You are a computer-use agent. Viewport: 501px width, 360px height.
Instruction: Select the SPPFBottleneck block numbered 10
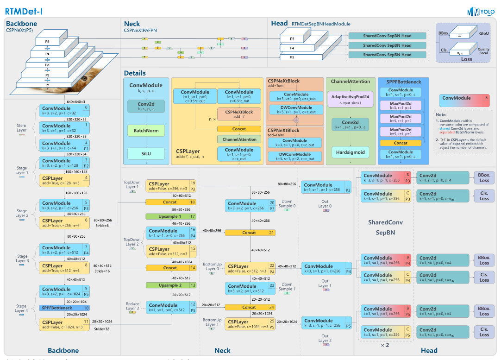[x=64, y=308]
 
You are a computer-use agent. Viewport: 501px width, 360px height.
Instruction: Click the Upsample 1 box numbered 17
[x=170, y=216]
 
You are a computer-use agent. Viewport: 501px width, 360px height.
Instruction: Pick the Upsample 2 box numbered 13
[x=170, y=285]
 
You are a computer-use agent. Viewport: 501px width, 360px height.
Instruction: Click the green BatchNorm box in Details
[x=146, y=131]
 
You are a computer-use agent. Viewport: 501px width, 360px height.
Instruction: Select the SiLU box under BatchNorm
[x=146, y=153]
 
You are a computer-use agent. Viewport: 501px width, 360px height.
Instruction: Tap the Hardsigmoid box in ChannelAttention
[x=351, y=152]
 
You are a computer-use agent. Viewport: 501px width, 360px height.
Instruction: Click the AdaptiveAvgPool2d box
[x=351, y=98]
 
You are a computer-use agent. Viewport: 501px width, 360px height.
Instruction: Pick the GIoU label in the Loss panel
[x=483, y=33]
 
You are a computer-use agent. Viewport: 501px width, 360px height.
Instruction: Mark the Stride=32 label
[x=101, y=328]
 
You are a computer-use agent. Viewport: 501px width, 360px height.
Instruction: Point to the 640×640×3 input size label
[x=76, y=101]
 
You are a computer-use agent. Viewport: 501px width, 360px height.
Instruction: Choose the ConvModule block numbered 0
[x=64, y=110]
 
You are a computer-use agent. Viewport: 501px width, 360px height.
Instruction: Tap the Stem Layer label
[x=22, y=127]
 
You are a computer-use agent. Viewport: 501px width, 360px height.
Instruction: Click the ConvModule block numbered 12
[x=170, y=307]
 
